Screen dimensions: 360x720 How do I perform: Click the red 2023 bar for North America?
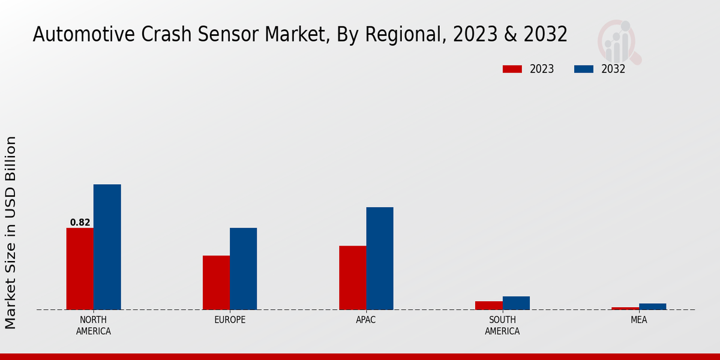pos(80,269)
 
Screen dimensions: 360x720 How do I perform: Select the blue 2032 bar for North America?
pos(107,247)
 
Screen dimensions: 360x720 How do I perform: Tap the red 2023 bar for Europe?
pos(216,283)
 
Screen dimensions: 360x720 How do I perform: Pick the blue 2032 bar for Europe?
pos(243,269)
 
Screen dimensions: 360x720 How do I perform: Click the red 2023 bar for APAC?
pos(352,278)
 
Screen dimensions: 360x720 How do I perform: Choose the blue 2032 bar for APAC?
pos(380,259)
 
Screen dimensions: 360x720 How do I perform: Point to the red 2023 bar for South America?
pos(488,305)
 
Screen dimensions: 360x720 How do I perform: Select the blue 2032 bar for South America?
pos(516,303)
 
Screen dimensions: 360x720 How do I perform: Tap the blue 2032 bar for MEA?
pos(652,307)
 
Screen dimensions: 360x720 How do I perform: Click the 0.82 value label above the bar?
pos(80,223)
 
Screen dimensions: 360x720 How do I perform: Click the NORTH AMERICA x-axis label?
pos(94,325)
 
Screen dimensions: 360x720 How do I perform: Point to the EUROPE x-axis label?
pos(230,320)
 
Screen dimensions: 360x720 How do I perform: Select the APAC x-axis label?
pos(366,320)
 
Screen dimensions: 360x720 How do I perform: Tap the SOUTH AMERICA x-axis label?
pos(502,325)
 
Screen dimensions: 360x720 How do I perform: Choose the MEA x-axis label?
pos(638,320)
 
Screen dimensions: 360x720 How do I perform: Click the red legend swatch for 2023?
pos(512,69)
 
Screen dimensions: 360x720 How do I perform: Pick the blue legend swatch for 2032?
pos(583,69)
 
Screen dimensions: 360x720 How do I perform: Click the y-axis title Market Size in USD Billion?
pos(11,232)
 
